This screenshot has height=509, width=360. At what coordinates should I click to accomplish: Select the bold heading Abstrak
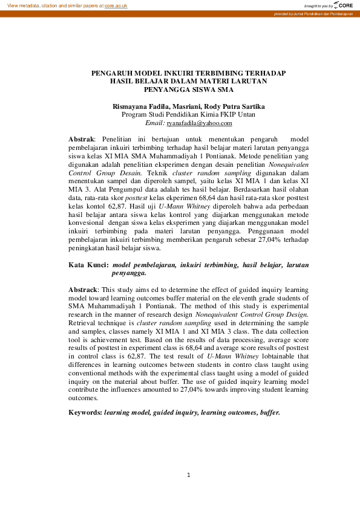[x=82, y=139]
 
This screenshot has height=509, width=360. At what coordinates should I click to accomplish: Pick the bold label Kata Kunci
[x=88, y=265]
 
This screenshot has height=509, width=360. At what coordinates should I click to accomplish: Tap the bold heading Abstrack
[x=83, y=290]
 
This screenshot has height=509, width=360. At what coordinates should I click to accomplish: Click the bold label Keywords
[x=85, y=412]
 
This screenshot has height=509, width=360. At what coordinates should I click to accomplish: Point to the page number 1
[x=189, y=475]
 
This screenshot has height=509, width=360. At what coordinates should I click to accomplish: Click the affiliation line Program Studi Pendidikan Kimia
[x=188, y=114]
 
